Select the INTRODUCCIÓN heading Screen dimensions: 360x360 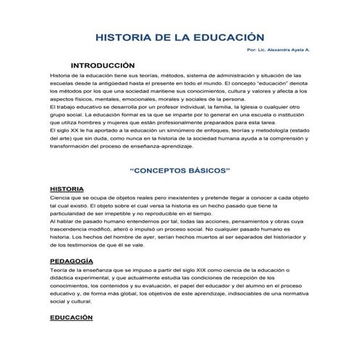pyautogui.click(x=108, y=65)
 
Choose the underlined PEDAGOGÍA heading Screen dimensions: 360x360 pyautogui.click(x=71, y=260)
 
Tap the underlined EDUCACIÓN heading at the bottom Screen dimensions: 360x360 pyautogui.click(x=71, y=318)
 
